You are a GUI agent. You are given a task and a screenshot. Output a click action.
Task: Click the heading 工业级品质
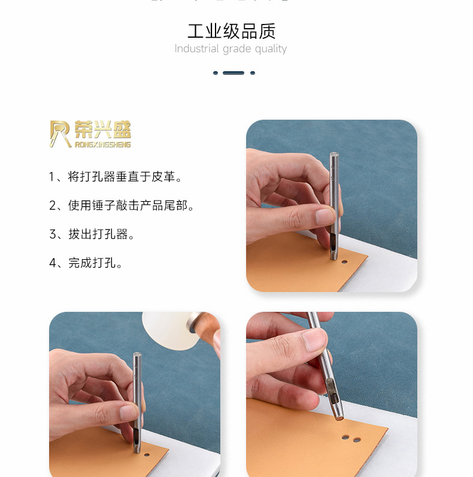coord(231,31)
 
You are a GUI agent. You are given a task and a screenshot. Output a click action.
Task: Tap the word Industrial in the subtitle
coord(196,48)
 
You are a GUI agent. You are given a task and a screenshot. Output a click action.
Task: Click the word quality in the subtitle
coord(271,49)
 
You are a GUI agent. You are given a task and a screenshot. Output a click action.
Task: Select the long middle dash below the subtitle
coord(234,73)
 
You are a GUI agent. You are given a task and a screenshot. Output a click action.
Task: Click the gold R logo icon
coord(60,134)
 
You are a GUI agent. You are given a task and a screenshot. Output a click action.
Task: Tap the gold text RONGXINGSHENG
coord(103,144)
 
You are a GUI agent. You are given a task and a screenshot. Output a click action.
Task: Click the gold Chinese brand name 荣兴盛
coord(103,130)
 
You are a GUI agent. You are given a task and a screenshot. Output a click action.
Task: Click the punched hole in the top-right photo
coord(344,262)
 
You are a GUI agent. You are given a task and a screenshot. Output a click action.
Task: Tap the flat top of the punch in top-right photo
coord(334,154)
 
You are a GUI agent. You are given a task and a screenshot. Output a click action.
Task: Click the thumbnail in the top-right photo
coord(325,217)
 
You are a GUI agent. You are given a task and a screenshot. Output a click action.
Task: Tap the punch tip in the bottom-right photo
coord(339,418)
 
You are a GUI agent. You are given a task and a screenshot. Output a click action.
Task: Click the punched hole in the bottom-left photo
coord(147,455)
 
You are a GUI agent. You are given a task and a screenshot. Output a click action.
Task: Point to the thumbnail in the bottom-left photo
coord(129,413)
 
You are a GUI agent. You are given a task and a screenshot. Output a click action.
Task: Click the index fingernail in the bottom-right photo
coord(314,340)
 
